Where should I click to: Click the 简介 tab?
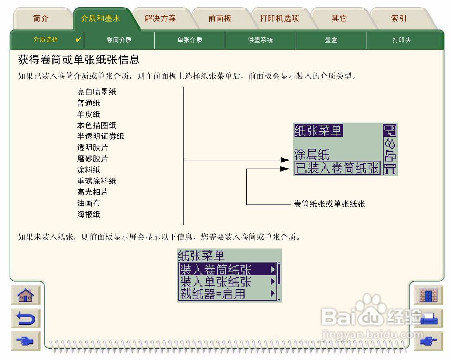click(41, 19)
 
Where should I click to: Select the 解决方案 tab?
click(160, 19)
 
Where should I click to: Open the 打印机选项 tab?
click(279, 19)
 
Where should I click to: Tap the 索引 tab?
click(399, 19)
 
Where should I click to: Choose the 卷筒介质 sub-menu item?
click(119, 40)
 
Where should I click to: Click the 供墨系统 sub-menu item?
click(260, 40)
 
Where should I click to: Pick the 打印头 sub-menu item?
click(402, 40)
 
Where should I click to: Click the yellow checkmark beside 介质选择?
click(79, 39)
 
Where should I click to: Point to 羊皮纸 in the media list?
click(89, 114)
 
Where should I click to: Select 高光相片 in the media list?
click(93, 192)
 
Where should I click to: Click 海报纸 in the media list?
click(89, 214)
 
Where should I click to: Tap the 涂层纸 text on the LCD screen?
click(312, 154)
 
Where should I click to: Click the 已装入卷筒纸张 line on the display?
click(337, 168)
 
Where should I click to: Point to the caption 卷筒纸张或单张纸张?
click(329, 204)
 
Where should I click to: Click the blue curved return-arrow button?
click(26, 318)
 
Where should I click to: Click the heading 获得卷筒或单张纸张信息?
click(79, 60)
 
